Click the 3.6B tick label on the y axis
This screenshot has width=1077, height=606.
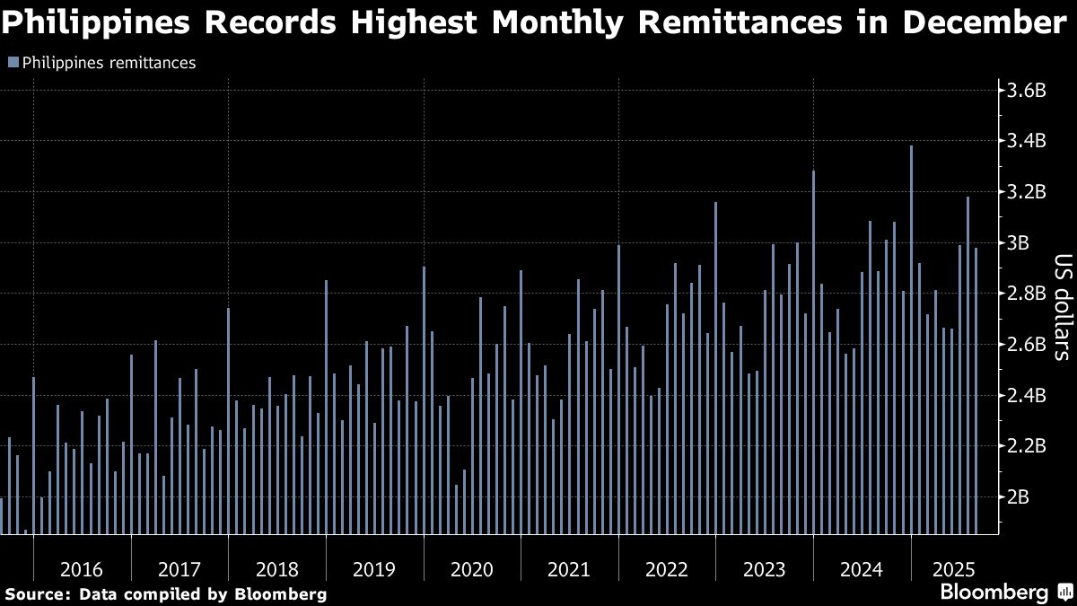click(1027, 91)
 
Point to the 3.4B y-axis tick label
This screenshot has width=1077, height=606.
click(1027, 141)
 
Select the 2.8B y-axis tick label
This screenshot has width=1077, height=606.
click(1027, 294)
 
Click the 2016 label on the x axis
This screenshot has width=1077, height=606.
click(82, 569)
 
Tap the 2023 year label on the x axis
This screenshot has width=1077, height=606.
click(765, 569)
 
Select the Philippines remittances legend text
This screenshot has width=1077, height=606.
click(109, 63)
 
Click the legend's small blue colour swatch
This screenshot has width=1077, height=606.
click(13, 63)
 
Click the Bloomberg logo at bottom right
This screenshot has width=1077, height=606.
click(994, 592)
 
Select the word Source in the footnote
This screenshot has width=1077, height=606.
click(36, 594)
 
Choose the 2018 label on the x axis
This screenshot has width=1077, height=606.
click(276, 569)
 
